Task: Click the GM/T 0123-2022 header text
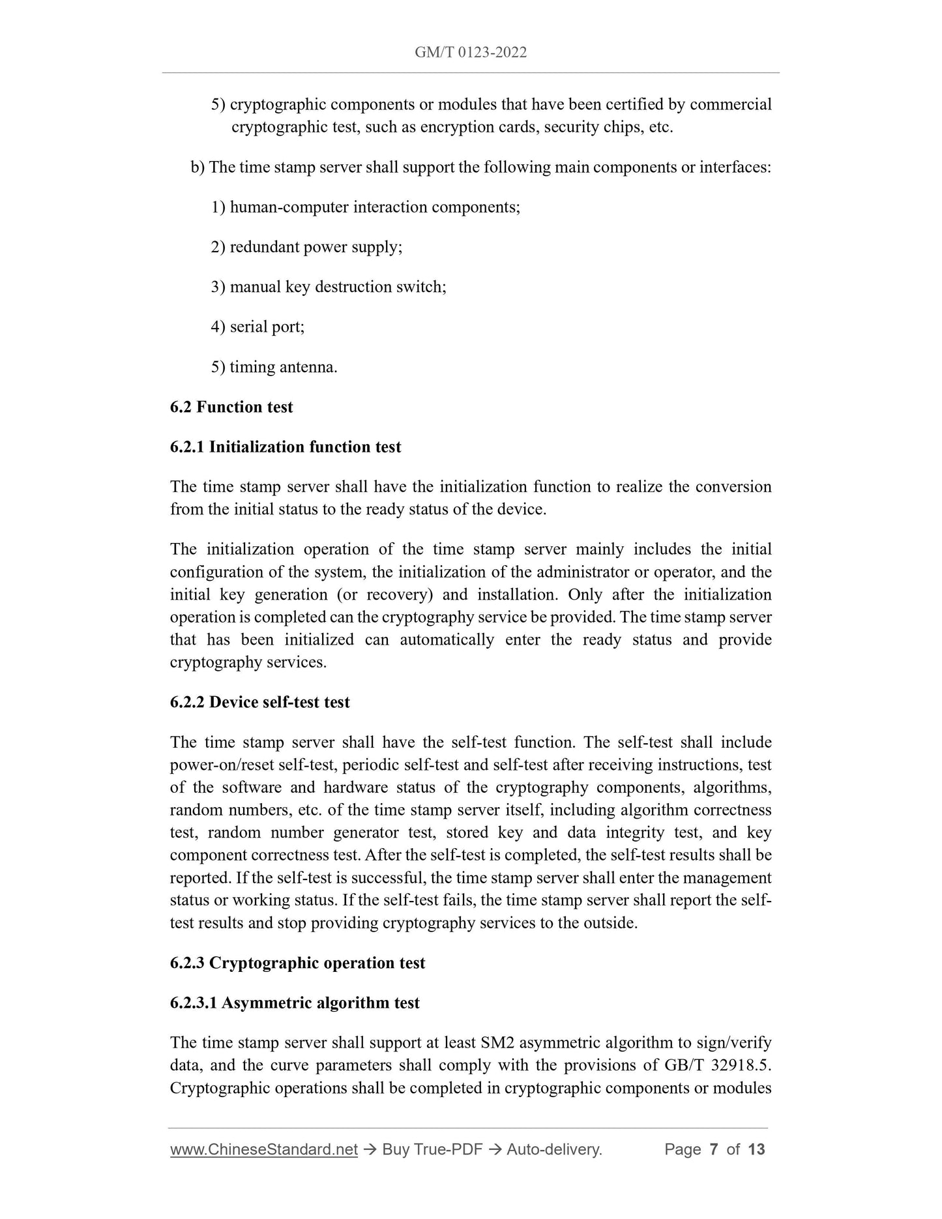coord(471,53)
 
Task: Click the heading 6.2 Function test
coord(231,407)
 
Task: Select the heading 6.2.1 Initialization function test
coord(286,447)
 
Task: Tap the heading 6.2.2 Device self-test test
coord(260,703)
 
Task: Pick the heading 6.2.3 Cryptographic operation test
coord(297,963)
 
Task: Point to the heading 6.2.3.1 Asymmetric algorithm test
coord(295,1003)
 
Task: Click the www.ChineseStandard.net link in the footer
coord(264,1149)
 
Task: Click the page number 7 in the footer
coord(713,1149)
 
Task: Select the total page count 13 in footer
coord(756,1149)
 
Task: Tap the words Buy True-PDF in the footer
coord(432,1149)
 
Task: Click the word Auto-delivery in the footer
coord(553,1149)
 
